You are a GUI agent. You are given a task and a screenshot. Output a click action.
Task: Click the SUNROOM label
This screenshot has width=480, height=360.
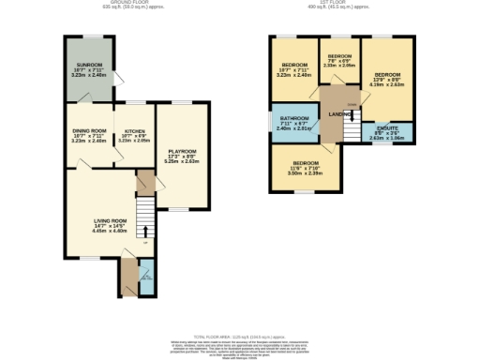click(89, 65)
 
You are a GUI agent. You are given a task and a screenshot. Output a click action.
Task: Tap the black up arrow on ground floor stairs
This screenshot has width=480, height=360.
click(145, 231)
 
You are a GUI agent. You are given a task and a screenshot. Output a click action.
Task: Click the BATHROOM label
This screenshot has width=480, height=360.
click(292, 118)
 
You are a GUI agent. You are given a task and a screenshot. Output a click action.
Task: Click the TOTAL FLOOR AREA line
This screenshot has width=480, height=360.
click(239, 336)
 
